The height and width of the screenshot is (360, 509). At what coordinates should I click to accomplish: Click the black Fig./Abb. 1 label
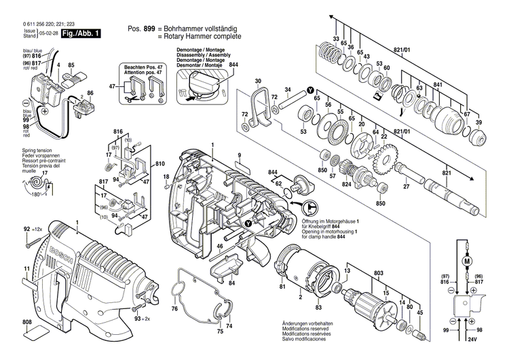[x=80, y=32]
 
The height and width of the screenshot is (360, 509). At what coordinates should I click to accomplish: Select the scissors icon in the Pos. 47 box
[x=128, y=100]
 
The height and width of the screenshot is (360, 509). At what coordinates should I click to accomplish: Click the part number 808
[x=26, y=321]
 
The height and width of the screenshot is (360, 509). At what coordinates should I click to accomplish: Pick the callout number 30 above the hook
[x=258, y=82]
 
